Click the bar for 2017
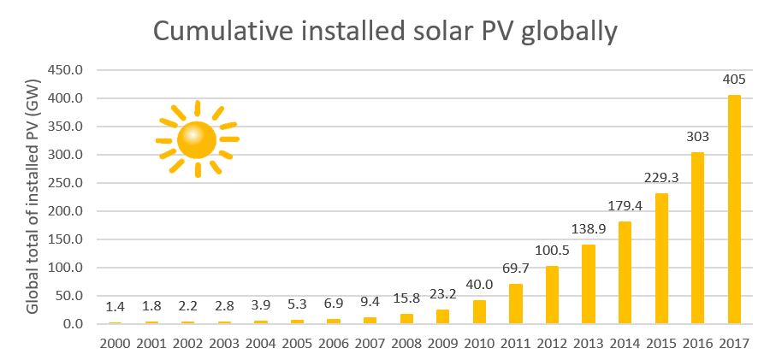pyautogui.click(x=735, y=210)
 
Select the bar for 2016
pyautogui.click(x=698, y=239)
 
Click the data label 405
pyautogui.click(x=735, y=80)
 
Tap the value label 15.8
pyautogui.click(x=406, y=298)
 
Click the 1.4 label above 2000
pyautogui.click(x=115, y=307)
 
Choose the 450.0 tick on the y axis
pyautogui.click(x=67, y=71)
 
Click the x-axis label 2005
pyautogui.click(x=297, y=344)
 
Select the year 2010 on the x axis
pyautogui.click(x=479, y=344)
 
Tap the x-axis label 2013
pyautogui.click(x=589, y=344)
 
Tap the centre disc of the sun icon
pyautogui.click(x=197, y=139)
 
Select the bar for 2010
pyautogui.click(x=479, y=312)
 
